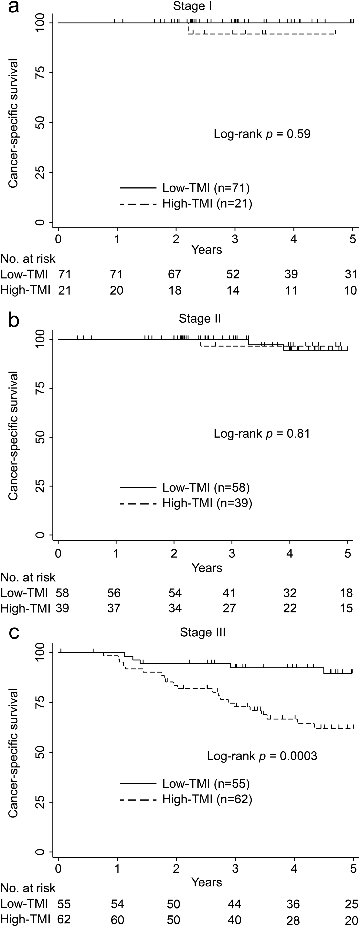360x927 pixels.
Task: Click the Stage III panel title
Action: point(203,632)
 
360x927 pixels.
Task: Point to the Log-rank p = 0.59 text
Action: point(262,134)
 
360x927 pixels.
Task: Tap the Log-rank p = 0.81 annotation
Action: point(262,433)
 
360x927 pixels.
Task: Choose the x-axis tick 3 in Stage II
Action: point(232,553)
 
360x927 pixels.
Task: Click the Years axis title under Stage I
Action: point(207,249)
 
